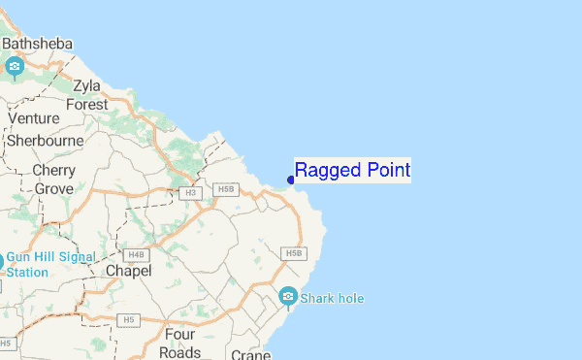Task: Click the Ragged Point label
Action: click(352, 171)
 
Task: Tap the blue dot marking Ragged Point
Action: click(291, 180)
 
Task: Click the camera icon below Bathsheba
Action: click(15, 66)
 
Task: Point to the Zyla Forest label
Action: click(87, 95)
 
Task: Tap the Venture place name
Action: click(34, 118)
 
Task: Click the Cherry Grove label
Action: click(53, 180)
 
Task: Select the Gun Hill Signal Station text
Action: click(51, 265)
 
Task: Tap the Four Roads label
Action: click(181, 344)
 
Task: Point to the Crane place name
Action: click(250, 355)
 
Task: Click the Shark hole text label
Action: click(333, 298)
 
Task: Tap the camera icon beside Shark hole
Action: click(288, 296)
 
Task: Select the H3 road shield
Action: click(191, 194)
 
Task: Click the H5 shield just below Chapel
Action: click(128, 318)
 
